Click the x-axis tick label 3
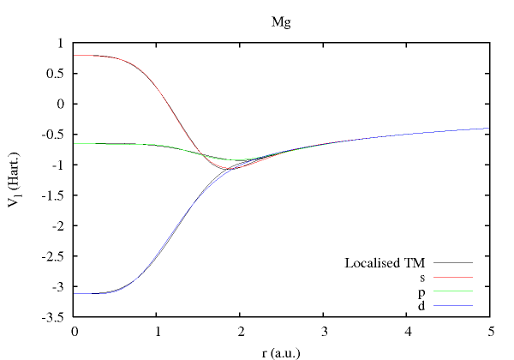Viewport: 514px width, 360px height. coord(324,331)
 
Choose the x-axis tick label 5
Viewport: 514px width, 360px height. coord(489,331)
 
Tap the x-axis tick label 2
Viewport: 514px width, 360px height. coord(241,331)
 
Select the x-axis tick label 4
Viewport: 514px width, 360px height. coord(406,331)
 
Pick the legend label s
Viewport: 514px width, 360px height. coord(422,277)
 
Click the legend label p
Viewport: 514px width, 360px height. coord(422,291)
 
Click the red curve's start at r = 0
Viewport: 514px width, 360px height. coord(76,55)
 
